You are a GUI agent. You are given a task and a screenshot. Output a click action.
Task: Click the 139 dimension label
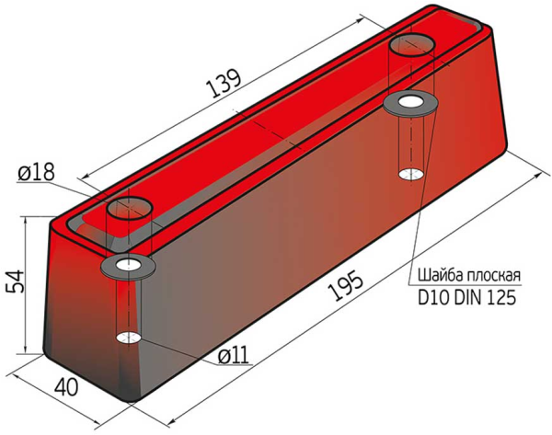(224, 84)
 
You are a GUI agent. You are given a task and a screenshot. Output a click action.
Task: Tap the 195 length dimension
(345, 287)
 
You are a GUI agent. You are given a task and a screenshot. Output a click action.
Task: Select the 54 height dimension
(15, 282)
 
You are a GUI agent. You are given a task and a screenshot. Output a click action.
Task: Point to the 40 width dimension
(66, 387)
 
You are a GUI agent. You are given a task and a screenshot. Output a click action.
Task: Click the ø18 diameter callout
(37, 173)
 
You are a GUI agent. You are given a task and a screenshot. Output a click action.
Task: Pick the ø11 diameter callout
(233, 356)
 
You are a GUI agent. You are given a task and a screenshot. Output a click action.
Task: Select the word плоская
(493, 276)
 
